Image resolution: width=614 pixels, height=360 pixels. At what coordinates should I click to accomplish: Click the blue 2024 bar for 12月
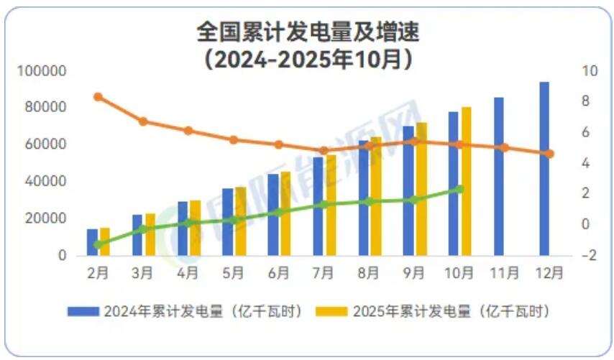pyautogui.click(x=544, y=169)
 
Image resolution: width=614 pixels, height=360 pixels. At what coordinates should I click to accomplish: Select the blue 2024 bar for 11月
pyautogui.click(x=499, y=176)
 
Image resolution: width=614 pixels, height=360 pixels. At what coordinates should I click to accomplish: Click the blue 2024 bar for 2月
pyautogui.click(x=92, y=242)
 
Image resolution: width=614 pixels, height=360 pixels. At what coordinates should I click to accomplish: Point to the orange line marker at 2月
pyautogui.click(x=98, y=97)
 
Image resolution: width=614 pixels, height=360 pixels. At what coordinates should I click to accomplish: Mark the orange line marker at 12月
pyautogui.click(x=550, y=154)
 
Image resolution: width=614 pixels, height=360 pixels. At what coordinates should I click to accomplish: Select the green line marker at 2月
pyautogui.click(x=98, y=244)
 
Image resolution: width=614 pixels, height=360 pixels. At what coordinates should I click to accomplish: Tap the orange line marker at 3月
pyautogui.click(x=143, y=121)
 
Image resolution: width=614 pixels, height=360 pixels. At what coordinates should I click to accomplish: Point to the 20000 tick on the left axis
pyautogui.click(x=49, y=218)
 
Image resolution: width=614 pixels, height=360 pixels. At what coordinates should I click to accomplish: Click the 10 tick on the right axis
pyautogui.click(x=590, y=71)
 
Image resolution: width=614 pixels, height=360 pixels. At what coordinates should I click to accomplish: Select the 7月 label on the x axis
pyautogui.click(x=324, y=273)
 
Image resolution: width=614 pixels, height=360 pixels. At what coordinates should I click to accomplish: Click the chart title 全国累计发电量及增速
pyautogui.click(x=308, y=32)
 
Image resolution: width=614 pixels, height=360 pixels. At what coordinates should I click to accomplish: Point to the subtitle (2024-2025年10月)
pyautogui.click(x=308, y=57)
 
